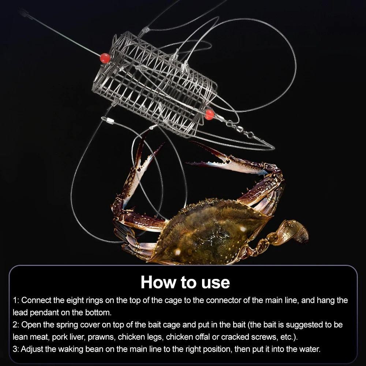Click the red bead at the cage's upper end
(x=105, y=58)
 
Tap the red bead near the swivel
(x=209, y=115)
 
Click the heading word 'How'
(x=158, y=282)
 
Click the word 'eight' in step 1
(x=75, y=300)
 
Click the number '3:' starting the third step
(x=16, y=349)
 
